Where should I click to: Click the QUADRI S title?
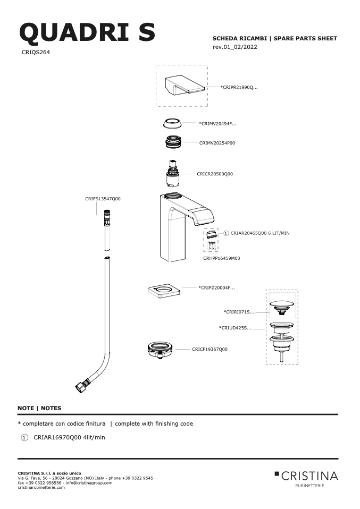pyautogui.click(x=87, y=32)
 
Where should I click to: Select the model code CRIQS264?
pyautogui.click(x=36, y=52)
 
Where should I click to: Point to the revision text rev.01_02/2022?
pyautogui.click(x=235, y=47)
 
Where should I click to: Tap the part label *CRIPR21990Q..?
pyautogui.click(x=239, y=87)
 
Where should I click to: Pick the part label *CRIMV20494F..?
pyautogui.click(x=217, y=124)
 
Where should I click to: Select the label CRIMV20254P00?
pyautogui.click(x=217, y=143)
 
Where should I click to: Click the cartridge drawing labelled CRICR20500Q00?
pyautogui.click(x=173, y=173)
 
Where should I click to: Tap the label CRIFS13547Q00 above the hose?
pyautogui.click(x=103, y=199)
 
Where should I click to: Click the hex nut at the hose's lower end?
pyautogui.click(x=80, y=387)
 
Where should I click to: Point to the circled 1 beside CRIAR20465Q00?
pyautogui.click(x=226, y=233)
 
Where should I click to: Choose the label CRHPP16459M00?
pyautogui.click(x=222, y=258)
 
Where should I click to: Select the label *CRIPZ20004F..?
pyautogui.click(x=216, y=287)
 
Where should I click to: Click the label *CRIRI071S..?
pyautogui.click(x=239, y=312)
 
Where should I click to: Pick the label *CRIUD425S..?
pyautogui.click(x=235, y=328)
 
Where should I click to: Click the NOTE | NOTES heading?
pyautogui.click(x=39, y=409)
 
